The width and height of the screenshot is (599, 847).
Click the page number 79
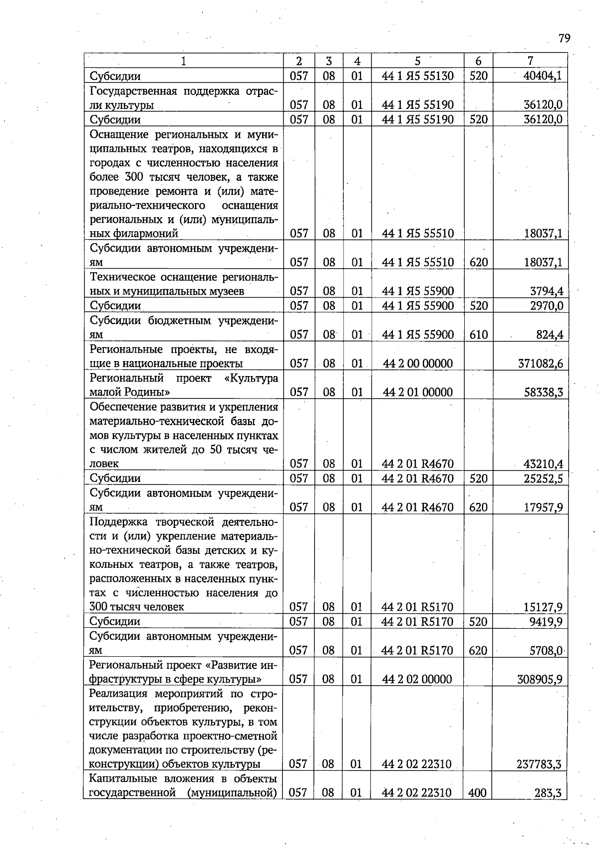564,38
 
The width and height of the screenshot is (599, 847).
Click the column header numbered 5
417,61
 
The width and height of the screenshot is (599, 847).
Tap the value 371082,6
540,364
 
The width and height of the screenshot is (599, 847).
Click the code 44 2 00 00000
418,364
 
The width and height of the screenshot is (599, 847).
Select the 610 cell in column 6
478,335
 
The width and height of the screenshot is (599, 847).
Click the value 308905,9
540,679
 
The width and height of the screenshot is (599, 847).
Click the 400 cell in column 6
477,793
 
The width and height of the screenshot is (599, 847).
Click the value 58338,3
543,392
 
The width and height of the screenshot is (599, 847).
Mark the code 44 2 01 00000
418,392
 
